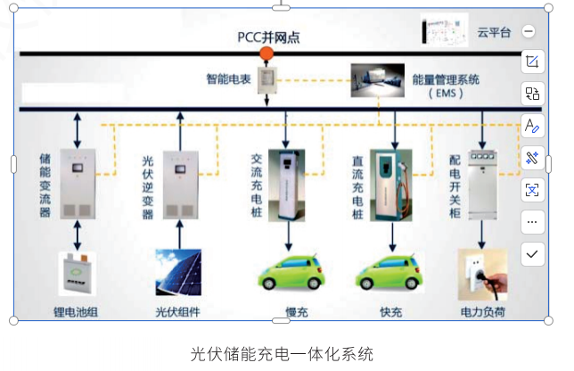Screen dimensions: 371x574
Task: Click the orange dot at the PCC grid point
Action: pos(266,54)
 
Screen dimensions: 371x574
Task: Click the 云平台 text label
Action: pos(493,32)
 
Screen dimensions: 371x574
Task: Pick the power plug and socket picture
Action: pos(482,273)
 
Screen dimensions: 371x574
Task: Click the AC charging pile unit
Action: pos(289,184)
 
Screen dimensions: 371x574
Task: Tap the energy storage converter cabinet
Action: pos(78,184)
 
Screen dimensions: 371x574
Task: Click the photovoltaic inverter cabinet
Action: pos(180,184)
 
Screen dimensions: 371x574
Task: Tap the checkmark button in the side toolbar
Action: pos(532,253)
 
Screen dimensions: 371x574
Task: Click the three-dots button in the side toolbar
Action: pos(532,221)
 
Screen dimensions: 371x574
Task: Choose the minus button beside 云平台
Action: pos(529,31)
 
